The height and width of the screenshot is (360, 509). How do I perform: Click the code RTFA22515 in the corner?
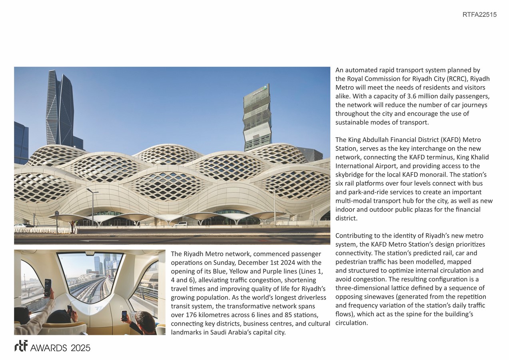point(479,15)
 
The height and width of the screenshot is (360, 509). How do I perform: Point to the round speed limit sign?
point(57,213)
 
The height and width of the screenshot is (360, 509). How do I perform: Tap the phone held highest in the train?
point(48,287)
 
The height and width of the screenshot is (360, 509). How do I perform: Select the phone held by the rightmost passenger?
point(124,315)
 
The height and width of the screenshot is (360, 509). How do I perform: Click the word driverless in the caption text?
point(311,297)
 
